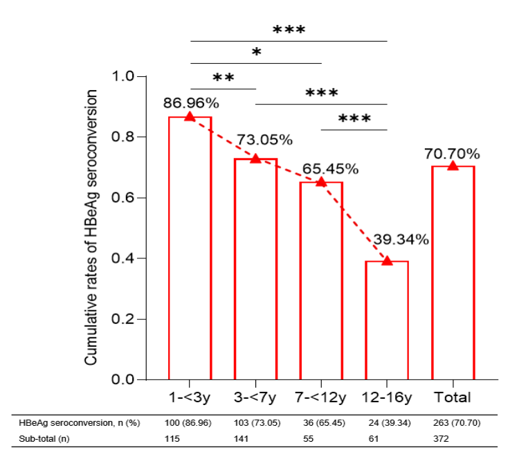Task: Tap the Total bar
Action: point(453,273)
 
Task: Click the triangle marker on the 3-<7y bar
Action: point(255,159)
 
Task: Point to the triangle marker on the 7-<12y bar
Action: point(321,181)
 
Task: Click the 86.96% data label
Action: point(191,103)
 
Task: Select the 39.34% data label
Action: point(402,240)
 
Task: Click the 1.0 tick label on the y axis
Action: point(125,76)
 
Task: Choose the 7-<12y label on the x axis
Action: point(320,397)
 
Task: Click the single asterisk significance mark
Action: point(256,53)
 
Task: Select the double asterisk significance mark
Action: point(223,78)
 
